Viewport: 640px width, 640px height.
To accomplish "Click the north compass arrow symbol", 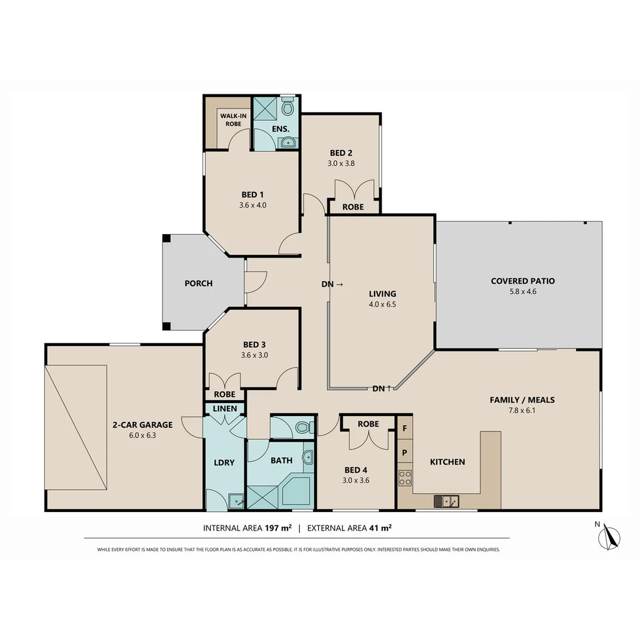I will click(608, 537).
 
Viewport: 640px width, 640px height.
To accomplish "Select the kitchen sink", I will click(445, 501).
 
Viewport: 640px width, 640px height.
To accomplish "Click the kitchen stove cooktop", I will click(405, 478).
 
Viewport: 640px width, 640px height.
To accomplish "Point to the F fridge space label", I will click(405, 428).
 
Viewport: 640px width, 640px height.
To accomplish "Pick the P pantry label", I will click(405, 452).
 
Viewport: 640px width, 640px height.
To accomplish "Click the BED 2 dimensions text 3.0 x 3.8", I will click(341, 164).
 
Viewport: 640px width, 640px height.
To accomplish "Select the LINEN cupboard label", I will click(225, 409).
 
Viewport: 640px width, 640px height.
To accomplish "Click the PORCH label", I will click(199, 283).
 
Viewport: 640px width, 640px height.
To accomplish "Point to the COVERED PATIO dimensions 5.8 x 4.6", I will click(522, 292).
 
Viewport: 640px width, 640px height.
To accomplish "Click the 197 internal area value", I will click(271, 527).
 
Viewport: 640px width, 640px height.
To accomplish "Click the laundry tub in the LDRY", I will click(236, 501).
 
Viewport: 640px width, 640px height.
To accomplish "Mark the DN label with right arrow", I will click(332, 284).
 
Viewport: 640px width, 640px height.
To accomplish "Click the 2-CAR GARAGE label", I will click(142, 424).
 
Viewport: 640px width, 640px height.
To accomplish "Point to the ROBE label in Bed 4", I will click(368, 424).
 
